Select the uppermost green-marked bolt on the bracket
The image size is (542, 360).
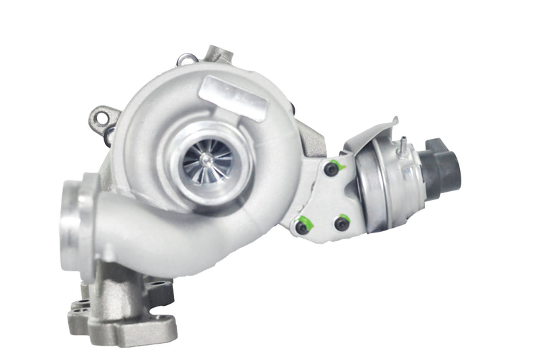click(x=331, y=169)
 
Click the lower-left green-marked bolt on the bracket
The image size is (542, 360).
click(x=302, y=227)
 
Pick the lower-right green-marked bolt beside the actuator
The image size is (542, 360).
click(x=341, y=223)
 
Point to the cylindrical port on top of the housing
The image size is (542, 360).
click(x=219, y=54)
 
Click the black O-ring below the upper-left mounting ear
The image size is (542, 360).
click(x=108, y=135)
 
